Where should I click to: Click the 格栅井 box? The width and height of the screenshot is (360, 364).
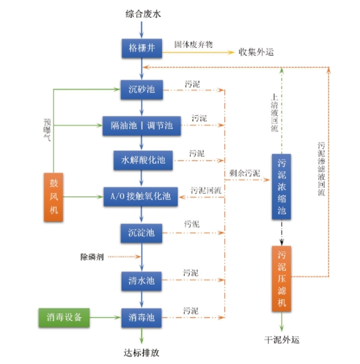pyautogui.click(x=142, y=49)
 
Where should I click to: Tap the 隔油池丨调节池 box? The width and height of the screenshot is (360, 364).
pyautogui.click(x=142, y=125)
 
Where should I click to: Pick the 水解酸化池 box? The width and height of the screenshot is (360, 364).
pyautogui.click(x=143, y=161)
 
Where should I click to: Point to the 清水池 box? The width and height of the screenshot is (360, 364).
pyautogui.click(x=142, y=280)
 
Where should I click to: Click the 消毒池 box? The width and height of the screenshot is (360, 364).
pyautogui.click(x=142, y=315)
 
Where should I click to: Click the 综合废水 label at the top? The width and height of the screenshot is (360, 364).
pyautogui.click(x=142, y=12)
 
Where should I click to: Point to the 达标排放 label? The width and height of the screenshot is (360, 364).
pyautogui.click(x=142, y=353)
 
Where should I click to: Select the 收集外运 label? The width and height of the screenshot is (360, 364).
pyautogui.click(x=256, y=52)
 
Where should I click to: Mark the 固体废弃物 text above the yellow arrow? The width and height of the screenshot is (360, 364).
pyautogui.click(x=193, y=44)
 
